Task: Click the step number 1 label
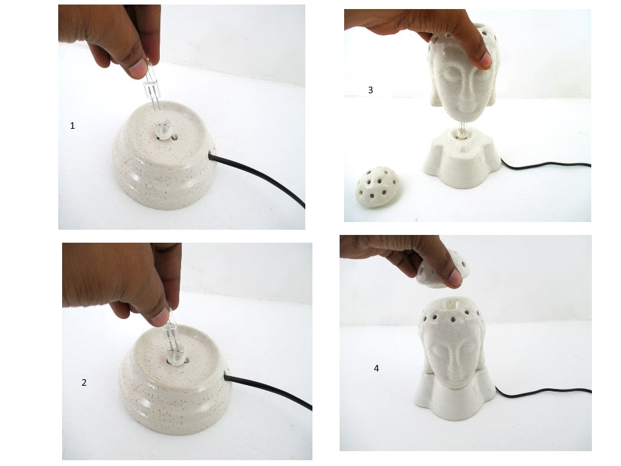(72, 126)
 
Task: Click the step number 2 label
(84, 383)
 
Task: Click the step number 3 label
(370, 90)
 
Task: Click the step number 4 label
(376, 368)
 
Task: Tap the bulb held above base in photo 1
(151, 87)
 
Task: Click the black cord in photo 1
(257, 179)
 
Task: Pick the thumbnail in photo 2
(159, 316)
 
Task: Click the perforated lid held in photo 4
(444, 271)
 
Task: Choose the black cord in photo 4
(543, 392)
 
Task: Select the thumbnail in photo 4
(454, 278)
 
